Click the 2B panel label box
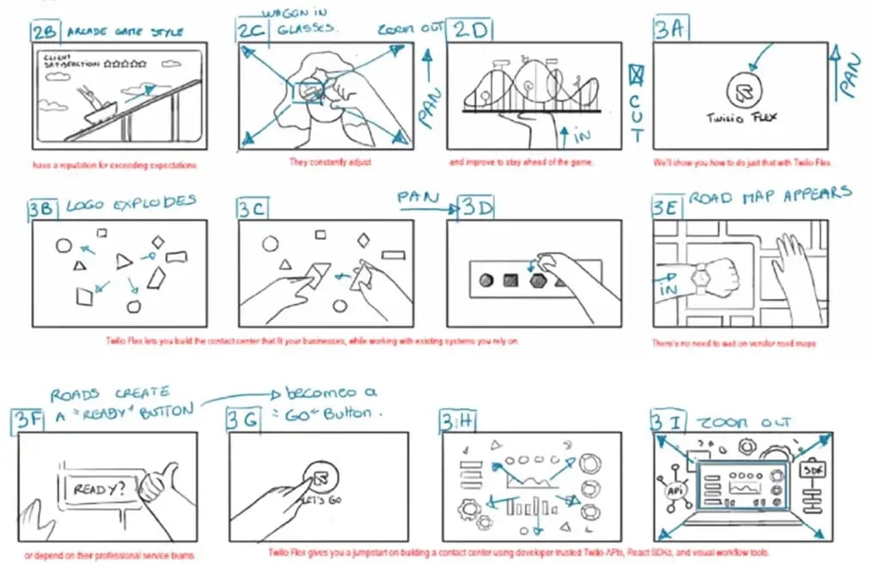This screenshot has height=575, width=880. point(45,33)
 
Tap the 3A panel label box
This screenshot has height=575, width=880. point(670,30)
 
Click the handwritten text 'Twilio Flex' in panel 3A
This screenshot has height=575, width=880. point(741,118)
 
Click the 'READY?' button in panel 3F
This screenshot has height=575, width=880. point(97,489)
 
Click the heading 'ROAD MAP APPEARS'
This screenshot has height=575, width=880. point(770,195)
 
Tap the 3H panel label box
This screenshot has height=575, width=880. point(454,420)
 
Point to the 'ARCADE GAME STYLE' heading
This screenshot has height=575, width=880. point(124,32)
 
